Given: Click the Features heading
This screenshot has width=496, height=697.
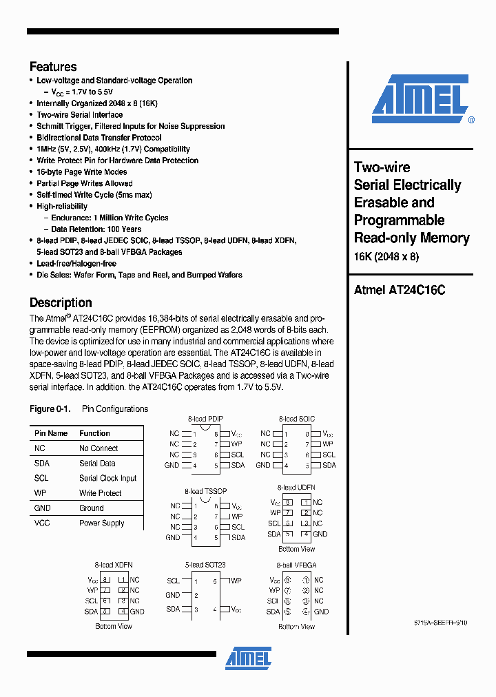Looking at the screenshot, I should (x=53, y=67).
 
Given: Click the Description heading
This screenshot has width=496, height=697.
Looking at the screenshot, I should (x=61, y=302).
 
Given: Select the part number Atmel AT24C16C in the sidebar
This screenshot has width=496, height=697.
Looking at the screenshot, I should (x=399, y=290).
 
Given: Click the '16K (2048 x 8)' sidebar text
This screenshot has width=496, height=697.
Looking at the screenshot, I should (x=386, y=257).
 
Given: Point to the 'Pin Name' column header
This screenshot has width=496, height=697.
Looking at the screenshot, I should (x=51, y=433).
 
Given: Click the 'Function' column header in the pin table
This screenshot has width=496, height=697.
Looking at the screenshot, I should (x=94, y=433).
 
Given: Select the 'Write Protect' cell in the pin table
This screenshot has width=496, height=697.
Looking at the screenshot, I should (x=100, y=493).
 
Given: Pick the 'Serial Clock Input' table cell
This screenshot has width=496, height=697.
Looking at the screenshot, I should (x=107, y=478).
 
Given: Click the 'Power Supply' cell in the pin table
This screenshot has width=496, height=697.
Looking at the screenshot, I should (x=101, y=523).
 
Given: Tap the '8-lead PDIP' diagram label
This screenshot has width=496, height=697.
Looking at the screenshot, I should (x=205, y=419).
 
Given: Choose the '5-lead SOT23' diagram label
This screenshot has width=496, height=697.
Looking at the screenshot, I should (x=205, y=565).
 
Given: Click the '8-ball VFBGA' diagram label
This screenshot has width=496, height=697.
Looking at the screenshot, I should (x=296, y=565).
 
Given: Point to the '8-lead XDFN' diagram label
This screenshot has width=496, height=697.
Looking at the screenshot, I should (x=114, y=565).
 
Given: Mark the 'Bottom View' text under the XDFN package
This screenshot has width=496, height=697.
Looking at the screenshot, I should (x=114, y=626).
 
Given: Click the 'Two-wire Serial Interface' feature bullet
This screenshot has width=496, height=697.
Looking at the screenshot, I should (x=79, y=115).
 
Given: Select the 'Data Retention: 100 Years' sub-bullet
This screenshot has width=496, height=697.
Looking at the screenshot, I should (x=96, y=229).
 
